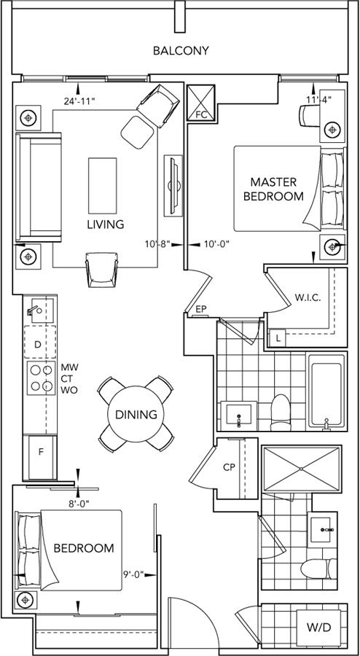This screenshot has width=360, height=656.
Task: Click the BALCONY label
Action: [x=181, y=51]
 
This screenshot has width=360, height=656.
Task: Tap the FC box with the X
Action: [x=200, y=104]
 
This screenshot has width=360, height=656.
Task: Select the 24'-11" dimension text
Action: [x=79, y=101]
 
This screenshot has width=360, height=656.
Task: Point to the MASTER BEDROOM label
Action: [x=273, y=189]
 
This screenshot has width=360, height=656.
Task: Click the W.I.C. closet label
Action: [x=308, y=299]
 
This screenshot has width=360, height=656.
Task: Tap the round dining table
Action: [x=136, y=414]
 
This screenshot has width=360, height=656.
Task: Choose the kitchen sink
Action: [x=40, y=310]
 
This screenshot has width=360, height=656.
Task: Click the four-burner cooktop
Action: [x=41, y=378]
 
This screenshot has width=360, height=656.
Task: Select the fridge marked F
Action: [x=42, y=457]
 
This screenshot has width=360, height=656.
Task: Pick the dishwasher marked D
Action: [x=40, y=343]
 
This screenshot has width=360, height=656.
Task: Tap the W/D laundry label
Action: [x=318, y=628]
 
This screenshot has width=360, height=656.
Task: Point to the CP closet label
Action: [x=228, y=468]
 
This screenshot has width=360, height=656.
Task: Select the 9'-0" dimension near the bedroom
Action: [x=133, y=574]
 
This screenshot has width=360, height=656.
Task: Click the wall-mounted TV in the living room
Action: [x=173, y=185]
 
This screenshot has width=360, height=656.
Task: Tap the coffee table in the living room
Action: [x=103, y=185]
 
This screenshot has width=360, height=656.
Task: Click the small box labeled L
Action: [x=278, y=338]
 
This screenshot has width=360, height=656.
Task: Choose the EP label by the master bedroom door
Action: [x=202, y=310]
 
